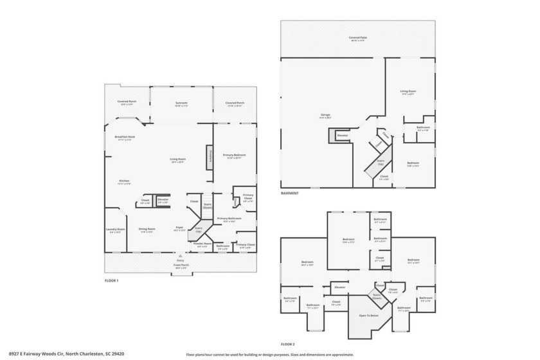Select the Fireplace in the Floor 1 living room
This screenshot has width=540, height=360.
[210, 157]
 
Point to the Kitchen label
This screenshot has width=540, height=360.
[124, 182]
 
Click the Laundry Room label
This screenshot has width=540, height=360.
[116, 230]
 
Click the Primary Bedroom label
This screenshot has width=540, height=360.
[235, 155]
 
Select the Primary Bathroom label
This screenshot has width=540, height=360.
[230, 219]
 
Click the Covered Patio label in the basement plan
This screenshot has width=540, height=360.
[358, 38]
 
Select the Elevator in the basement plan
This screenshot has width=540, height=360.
[343, 136]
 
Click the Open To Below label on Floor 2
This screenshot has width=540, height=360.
[367, 316]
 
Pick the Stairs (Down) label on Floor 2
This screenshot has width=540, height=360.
[377, 296]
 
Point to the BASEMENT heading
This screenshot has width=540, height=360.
[289, 194]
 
